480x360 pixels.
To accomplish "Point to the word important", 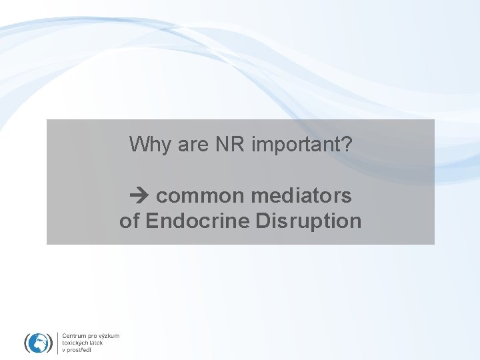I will pyautogui.click(x=296, y=145).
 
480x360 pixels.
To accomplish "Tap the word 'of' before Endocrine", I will pyautogui.click(x=130, y=221).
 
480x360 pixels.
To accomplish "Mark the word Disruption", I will pyautogui.click(x=309, y=221).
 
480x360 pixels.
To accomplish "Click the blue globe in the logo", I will pyautogui.click(x=37, y=343).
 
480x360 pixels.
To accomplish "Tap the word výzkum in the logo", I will pyautogui.click(x=110, y=336).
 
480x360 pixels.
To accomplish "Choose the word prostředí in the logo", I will pyautogui.click(x=79, y=350).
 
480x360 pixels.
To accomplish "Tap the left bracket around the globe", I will pyautogui.click(x=27, y=343).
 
